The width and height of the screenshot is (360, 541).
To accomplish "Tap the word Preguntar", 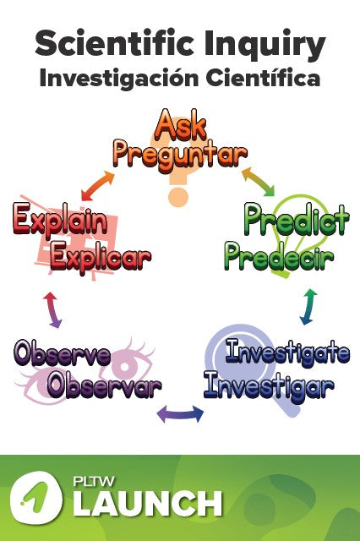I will [180, 154].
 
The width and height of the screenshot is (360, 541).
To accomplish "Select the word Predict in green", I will [296, 221].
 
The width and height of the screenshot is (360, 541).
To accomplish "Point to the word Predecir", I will [279, 255].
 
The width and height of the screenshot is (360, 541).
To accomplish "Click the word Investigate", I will [287, 352].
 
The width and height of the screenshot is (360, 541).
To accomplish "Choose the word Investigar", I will [269, 387].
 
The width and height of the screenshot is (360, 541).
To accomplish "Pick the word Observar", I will [104, 386].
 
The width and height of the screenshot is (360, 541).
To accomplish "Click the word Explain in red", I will [60, 221].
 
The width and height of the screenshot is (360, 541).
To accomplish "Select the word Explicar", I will [100, 256].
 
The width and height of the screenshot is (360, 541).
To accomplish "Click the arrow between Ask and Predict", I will [259, 181].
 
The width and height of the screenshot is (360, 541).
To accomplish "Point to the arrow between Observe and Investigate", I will [180, 414].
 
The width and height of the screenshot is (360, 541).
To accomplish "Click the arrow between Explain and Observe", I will [52, 309].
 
